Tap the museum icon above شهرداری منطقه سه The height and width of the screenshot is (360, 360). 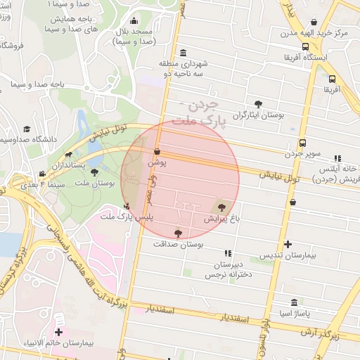184,54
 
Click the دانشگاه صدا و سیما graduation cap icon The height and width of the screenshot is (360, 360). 27,129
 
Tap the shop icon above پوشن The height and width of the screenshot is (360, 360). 157,151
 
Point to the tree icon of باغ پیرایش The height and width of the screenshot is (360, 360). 222,207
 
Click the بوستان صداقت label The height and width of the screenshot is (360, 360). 177,243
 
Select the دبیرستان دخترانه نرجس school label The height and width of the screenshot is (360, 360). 228,270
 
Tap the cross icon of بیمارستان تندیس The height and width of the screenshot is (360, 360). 288,245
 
